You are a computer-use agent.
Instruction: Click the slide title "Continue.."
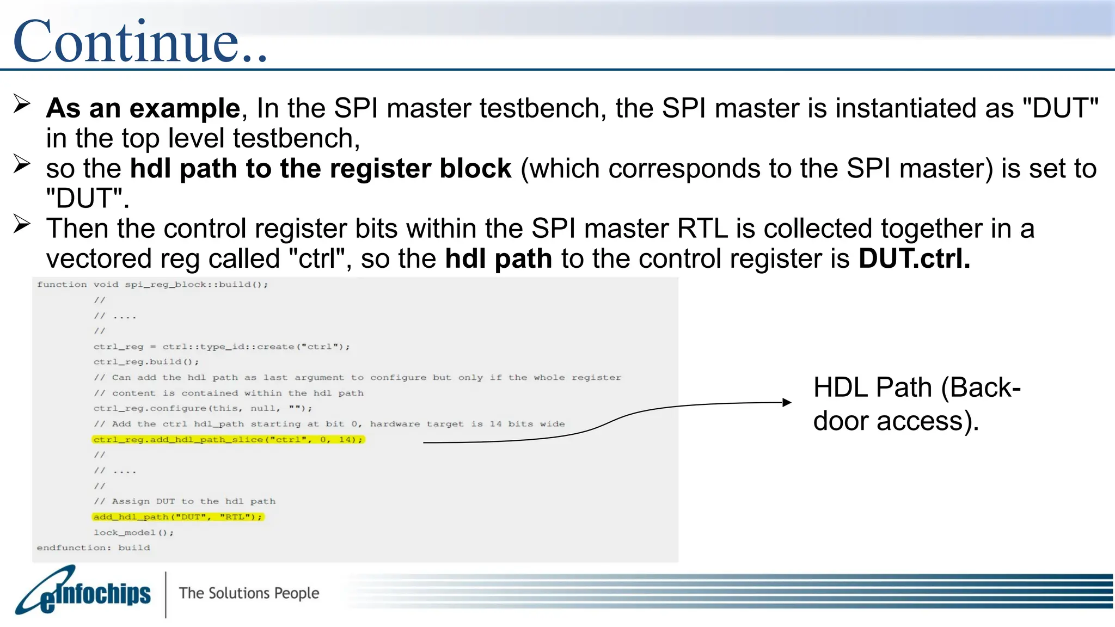pos(140,41)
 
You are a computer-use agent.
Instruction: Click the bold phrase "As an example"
pos(143,108)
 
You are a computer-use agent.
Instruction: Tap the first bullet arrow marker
pos(22,103)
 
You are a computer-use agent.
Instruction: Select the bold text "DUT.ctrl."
pos(914,259)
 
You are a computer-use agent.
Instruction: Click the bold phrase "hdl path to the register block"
pos(320,169)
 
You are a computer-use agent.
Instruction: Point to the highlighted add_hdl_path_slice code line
pos(228,440)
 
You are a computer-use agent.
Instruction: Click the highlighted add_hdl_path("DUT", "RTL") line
pos(177,517)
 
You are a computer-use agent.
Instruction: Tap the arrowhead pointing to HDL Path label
pos(787,403)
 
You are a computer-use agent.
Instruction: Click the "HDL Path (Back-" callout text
pos(916,388)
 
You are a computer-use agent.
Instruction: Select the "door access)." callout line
pos(896,421)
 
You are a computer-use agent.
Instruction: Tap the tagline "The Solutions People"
pos(249,593)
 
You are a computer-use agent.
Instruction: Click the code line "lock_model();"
pos(133,533)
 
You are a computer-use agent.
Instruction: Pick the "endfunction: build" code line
pos(93,548)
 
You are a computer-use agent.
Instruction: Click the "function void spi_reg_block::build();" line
pos(152,285)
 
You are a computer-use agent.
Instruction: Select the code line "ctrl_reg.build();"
pos(146,362)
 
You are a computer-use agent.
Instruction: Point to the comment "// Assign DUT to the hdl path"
pos(185,501)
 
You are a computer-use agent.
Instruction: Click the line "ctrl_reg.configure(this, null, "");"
pos(203,409)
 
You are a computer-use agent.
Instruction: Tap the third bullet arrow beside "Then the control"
pos(22,224)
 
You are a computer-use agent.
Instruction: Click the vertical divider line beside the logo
pos(166,594)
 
